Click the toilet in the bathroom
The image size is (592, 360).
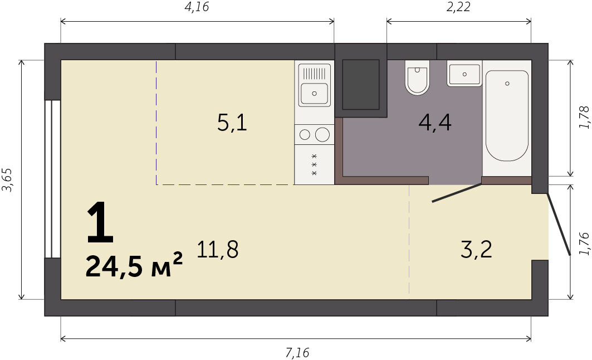[417, 77]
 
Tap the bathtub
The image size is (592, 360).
[507, 115]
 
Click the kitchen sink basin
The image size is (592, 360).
[314, 94]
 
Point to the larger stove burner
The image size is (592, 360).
[322, 134]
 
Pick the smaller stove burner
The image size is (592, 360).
[305, 134]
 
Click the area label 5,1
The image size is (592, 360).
[232, 123]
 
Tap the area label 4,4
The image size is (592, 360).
[435, 122]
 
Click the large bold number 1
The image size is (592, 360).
[100, 222]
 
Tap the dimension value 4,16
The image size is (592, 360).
[197, 7]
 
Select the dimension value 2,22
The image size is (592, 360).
[458, 7]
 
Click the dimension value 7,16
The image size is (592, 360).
[297, 352]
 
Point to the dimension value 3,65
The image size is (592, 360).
[8, 180]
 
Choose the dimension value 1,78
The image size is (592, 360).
[584, 118]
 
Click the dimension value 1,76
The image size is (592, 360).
[584, 244]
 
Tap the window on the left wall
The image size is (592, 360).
[52, 179]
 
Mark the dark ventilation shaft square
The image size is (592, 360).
[360, 85]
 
